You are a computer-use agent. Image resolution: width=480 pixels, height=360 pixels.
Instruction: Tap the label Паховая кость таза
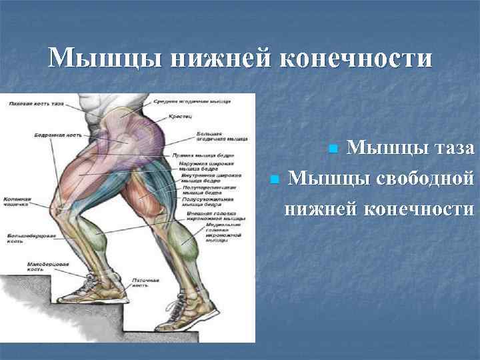click(37, 103)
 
